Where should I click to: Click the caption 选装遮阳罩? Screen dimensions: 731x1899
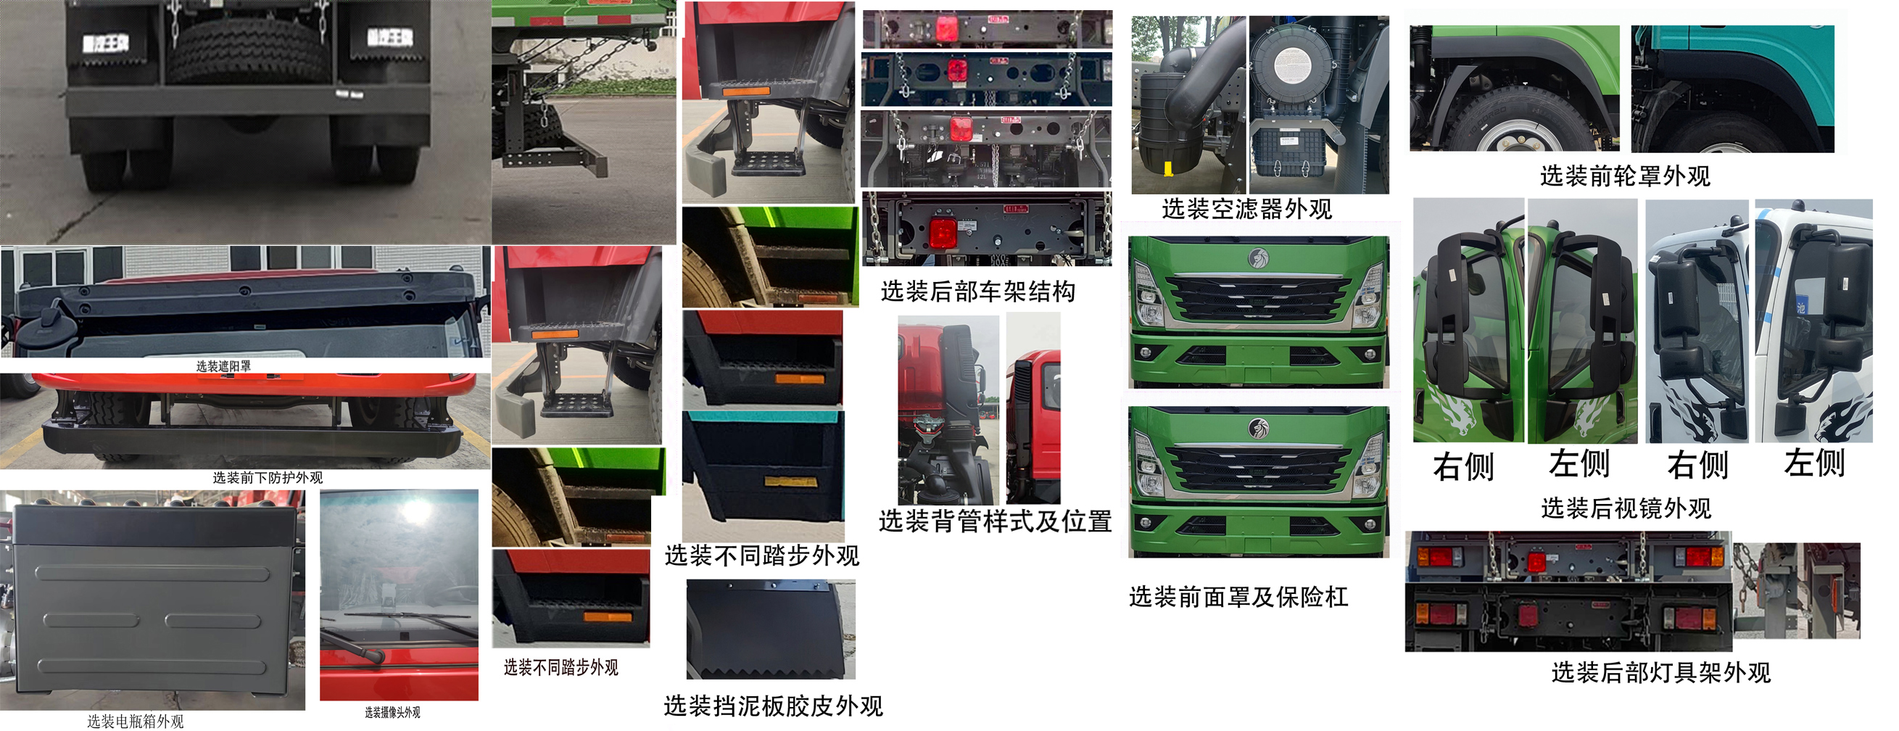(223, 366)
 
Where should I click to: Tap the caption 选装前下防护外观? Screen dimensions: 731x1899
(268, 477)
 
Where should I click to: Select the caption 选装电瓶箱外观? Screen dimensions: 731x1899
(136, 721)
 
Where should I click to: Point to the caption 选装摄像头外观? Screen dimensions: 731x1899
(392, 712)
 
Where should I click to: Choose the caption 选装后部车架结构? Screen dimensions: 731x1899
(977, 292)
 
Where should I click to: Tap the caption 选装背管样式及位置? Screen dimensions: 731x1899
(995, 521)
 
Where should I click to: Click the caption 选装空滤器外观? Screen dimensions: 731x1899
(1246, 210)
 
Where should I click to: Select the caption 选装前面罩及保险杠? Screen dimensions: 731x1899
(1238, 596)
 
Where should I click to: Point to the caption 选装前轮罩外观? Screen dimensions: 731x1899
(1625, 176)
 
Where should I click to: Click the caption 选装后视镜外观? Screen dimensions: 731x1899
(1626, 508)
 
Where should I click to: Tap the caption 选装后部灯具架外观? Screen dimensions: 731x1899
(1660, 672)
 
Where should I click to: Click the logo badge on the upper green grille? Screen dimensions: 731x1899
(1257, 258)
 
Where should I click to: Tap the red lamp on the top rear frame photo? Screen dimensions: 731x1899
(946, 28)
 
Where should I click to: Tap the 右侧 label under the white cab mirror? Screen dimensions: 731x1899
(1697, 466)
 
